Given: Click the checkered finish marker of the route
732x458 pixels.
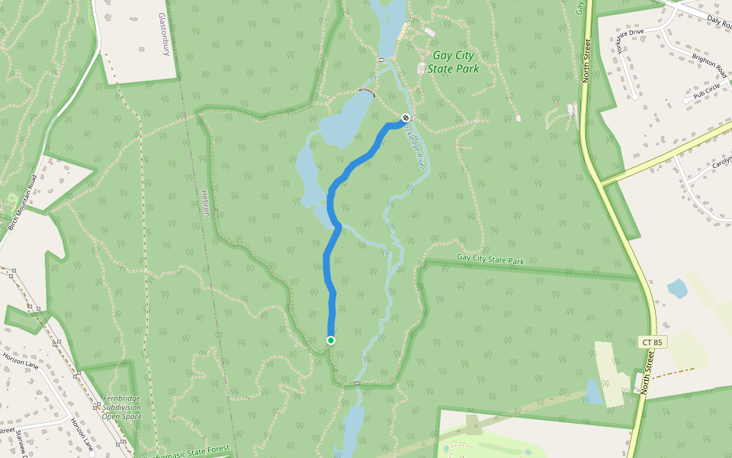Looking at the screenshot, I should click(406, 118).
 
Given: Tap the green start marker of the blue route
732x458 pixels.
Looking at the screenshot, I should click(330, 340).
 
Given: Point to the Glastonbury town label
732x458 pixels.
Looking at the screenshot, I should click(163, 34).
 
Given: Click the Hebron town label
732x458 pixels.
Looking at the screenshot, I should click(205, 202).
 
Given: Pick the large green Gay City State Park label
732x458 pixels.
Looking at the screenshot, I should click(453, 62).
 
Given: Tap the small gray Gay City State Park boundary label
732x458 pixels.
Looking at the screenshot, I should click(491, 260).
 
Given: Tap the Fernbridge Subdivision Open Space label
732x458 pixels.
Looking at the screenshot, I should click(121, 408).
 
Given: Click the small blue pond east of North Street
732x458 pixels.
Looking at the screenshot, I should click(676, 289).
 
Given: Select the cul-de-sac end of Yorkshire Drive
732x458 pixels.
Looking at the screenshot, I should click(634, 97).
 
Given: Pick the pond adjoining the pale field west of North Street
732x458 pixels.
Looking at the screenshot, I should click(593, 392).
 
